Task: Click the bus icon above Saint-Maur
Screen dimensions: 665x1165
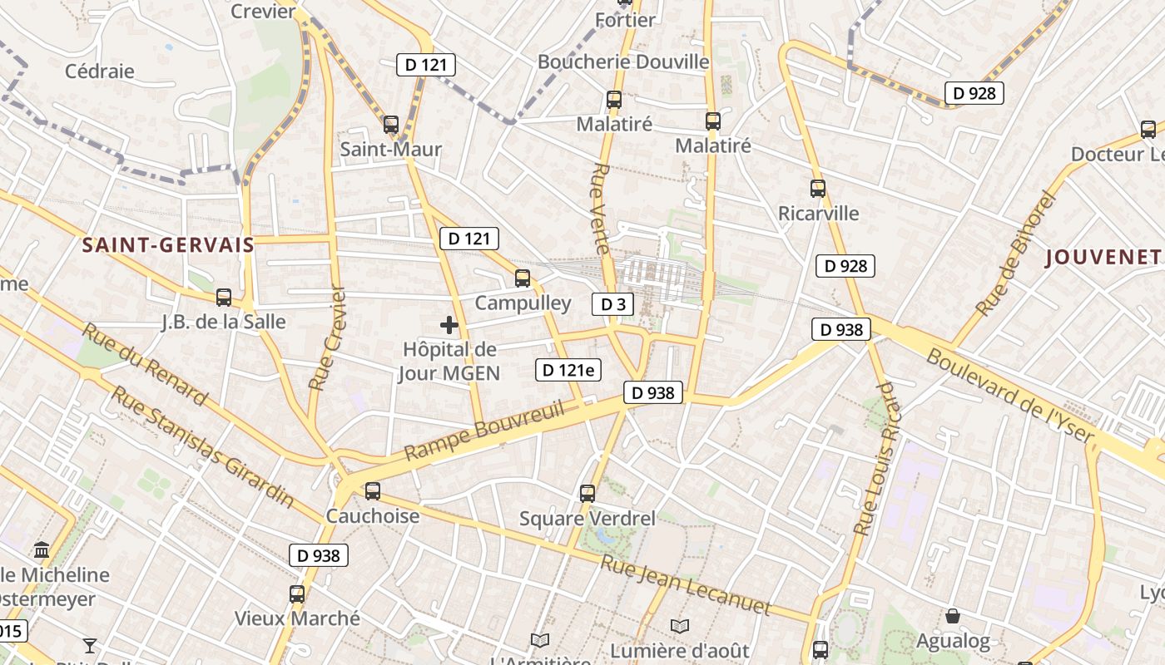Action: pyautogui.click(x=391, y=125)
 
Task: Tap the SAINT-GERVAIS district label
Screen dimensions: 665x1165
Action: pyautogui.click(x=168, y=244)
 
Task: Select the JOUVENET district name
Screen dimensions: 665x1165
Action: pyautogui.click(x=1103, y=257)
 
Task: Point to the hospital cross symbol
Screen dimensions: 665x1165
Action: pyautogui.click(x=449, y=325)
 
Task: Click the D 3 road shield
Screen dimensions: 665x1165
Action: pyautogui.click(x=612, y=304)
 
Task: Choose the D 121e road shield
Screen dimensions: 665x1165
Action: pyautogui.click(x=568, y=370)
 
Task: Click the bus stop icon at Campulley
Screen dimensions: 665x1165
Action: pyautogui.click(x=523, y=278)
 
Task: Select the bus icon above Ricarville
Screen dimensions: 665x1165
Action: pyautogui.click(x=818, y=189)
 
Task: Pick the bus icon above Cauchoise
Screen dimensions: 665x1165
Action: pyautogui.click(x=373, y=490)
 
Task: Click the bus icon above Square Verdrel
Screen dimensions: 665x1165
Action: pyautogui.click(x=587, y=494)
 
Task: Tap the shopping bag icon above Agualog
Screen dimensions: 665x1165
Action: pyautogui.click(x=953, y=616)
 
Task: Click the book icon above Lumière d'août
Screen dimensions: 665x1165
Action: pyautogui.click(x=680, y=625)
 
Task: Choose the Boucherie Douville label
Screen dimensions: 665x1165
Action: pyautogui.click(x=623, y=62)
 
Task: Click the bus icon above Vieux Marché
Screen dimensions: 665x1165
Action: pyautogui.click(x=297, y=594)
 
